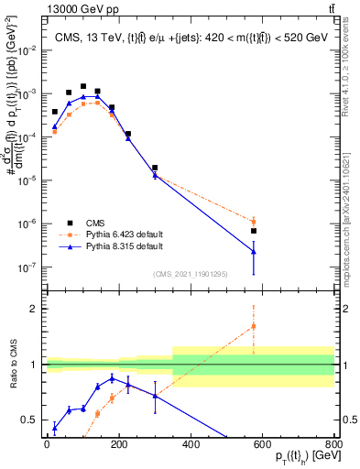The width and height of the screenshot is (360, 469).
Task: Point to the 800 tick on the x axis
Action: pyautogui.click(x=334, y=444)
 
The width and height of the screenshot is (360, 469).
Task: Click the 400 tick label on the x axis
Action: pyautogui.click(x=191, y=444)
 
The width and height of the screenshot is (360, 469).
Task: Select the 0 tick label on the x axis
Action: pyautogui.click(x=47, y=444)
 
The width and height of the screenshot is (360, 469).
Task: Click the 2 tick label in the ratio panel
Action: pyautogui.click(x=36, y=310)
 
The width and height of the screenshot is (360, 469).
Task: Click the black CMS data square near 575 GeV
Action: pyautogui.click(x=254, y=231)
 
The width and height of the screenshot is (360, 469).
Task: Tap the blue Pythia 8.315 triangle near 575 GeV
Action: pyautogui.click(x=254, y=251)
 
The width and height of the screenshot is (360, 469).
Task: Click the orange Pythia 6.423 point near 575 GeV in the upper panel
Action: pyautogui.click(x=254, y=221)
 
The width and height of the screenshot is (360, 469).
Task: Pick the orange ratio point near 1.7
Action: pyautogui.click(x=254, y=326)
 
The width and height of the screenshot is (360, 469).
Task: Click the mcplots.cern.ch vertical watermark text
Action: pyautogui.click(x=351, y=202)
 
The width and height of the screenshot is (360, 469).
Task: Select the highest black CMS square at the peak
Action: pyautogui.click(x=83, y=86)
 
